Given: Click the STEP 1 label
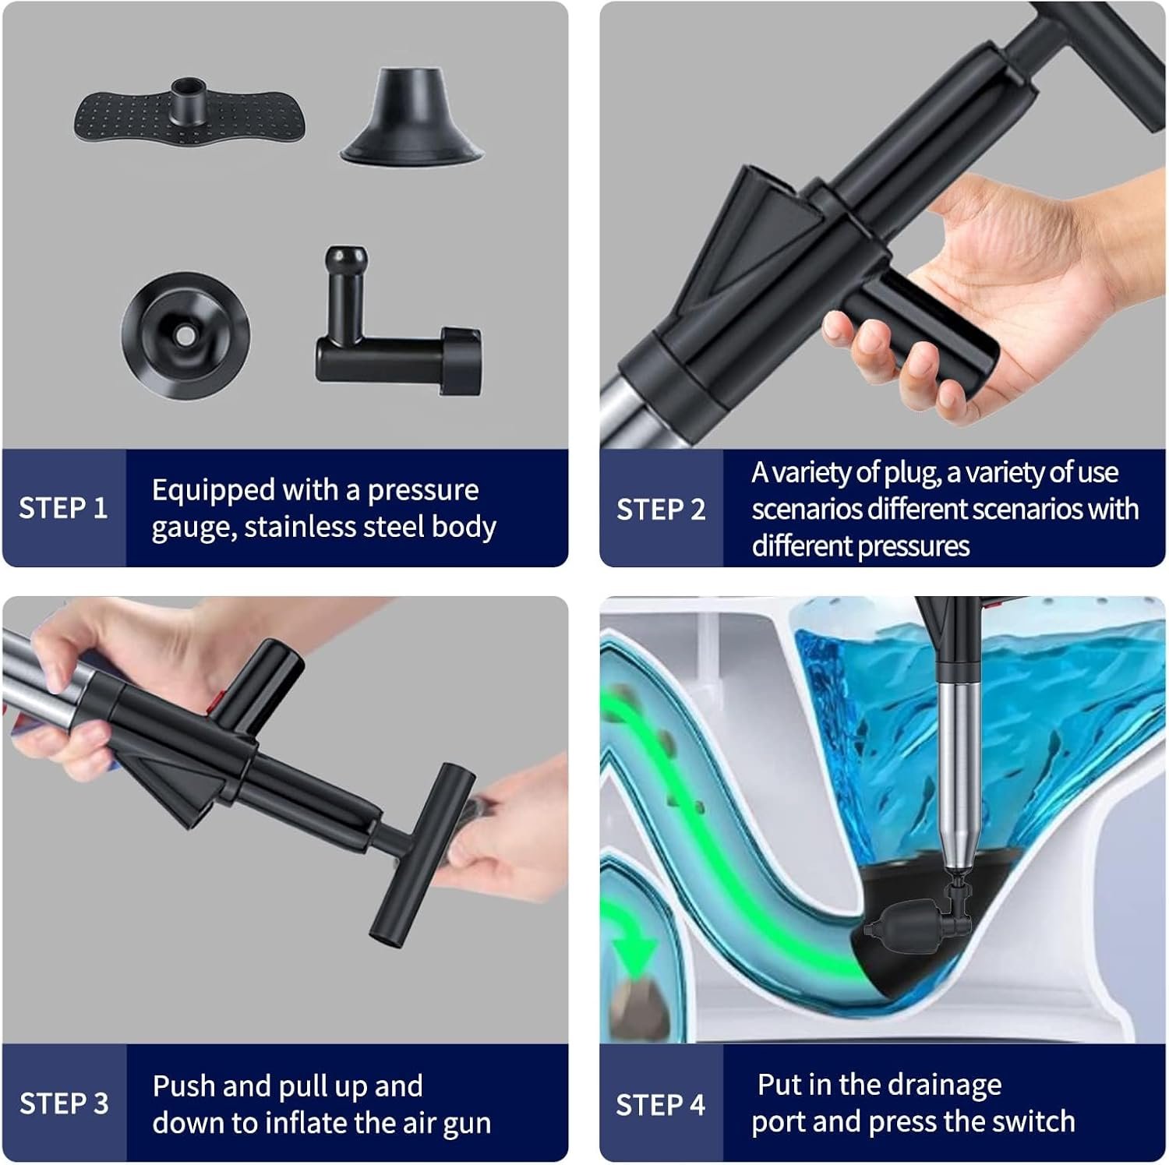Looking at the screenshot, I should coord(63,508).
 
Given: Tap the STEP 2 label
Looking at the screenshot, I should coord(661,510).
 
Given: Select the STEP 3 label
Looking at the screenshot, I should coord(64,1103).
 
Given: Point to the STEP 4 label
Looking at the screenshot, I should coord(660,1104).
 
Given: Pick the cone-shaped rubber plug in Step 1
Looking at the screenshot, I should coord(412,117).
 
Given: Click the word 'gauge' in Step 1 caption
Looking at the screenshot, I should coord(192,528).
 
